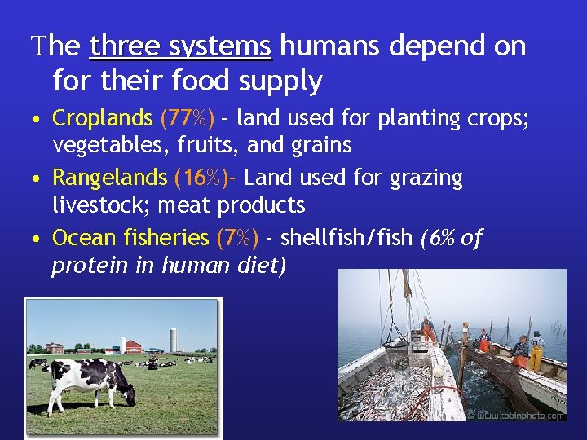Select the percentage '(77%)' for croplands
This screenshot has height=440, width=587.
[x=188, y=118]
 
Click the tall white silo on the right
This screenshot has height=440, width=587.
[x=172, y=340]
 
